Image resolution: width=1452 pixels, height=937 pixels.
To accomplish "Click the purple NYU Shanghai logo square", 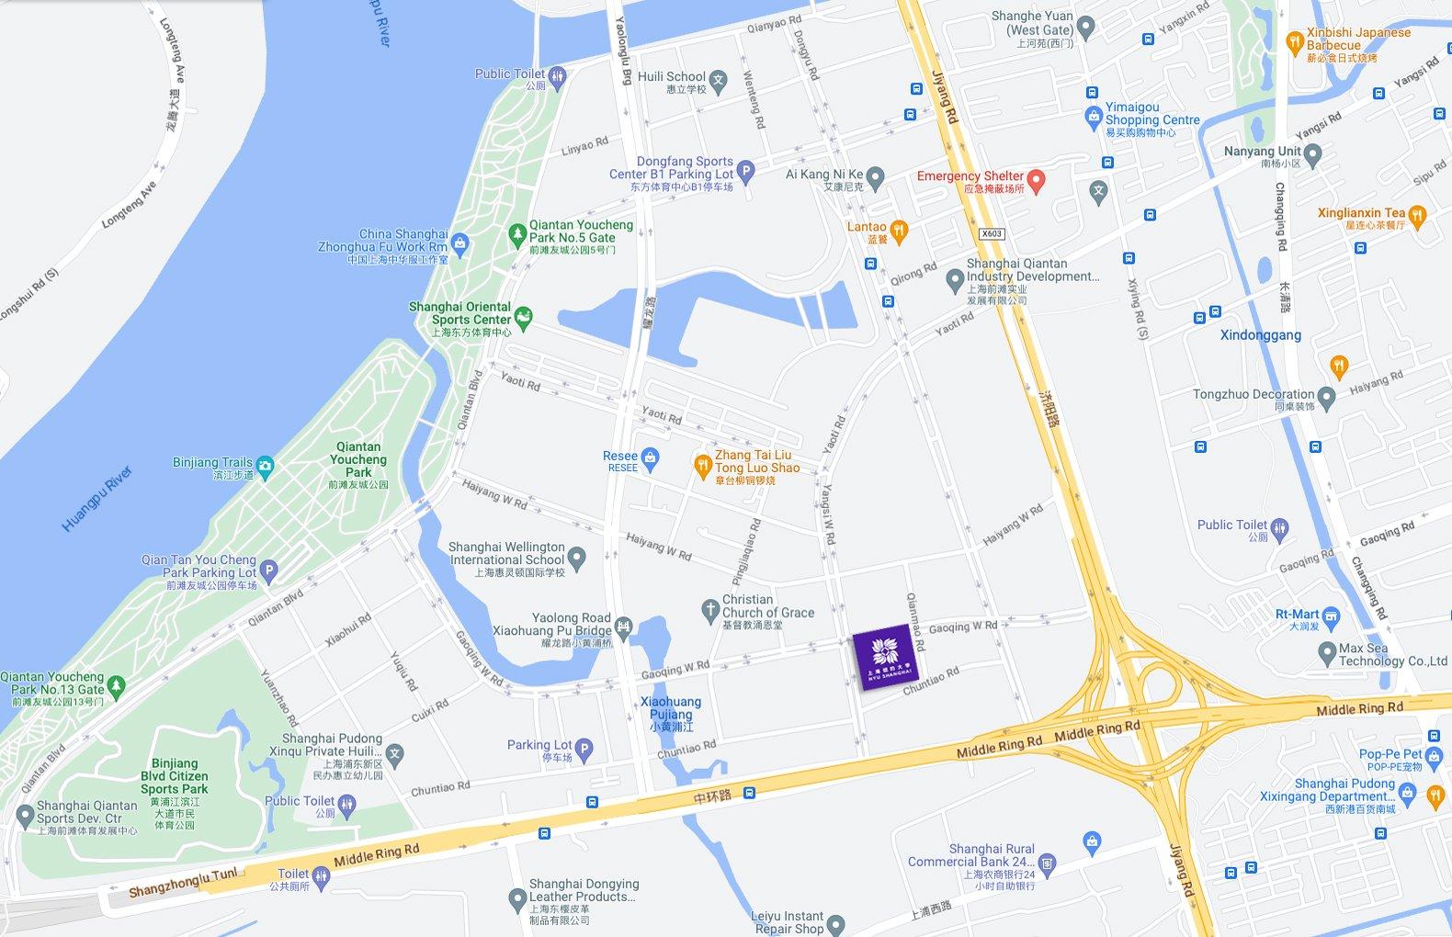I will tap(885, 656).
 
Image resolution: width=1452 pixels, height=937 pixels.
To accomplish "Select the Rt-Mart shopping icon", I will tap(1331, 615).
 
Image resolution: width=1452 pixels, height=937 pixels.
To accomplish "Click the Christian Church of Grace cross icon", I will tap(709, 610).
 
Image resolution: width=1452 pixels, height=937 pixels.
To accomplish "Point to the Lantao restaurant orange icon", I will tap(899, 230).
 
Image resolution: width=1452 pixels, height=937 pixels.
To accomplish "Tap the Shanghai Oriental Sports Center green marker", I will tap(523, 318).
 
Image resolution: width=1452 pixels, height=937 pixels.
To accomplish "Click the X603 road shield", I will tap(991, 233).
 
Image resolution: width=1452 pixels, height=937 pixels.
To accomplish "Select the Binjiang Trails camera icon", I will tap(265, 466).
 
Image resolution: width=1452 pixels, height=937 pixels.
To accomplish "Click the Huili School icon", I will tap(718, 81).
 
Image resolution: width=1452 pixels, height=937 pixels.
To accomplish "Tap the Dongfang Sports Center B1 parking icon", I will tap(746, 170).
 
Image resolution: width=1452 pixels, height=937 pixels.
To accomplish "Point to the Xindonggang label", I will tap(1260, 335).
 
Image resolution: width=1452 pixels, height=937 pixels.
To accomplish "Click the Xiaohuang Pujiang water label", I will tap(671, 713).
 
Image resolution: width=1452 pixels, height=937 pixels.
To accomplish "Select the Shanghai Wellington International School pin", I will tap(576, 557).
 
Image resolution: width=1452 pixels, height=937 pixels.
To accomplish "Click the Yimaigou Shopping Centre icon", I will tap(1093, 117).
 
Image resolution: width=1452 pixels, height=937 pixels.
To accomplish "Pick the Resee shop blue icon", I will tap(650, 457).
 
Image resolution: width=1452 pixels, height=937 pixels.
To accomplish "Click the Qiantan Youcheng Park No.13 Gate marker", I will tap(116, 685).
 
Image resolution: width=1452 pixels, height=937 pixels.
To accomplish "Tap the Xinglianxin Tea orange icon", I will tap(1417, 217).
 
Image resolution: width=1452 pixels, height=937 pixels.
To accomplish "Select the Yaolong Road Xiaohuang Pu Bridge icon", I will tap(623, 627).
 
